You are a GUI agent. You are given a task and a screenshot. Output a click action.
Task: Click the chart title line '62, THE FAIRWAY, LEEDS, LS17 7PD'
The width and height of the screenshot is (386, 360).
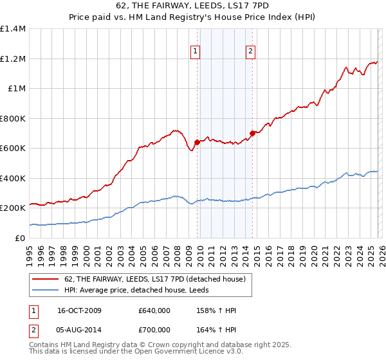point(193,6)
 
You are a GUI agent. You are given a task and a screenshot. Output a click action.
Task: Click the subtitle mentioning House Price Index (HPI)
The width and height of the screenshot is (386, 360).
point(193,17)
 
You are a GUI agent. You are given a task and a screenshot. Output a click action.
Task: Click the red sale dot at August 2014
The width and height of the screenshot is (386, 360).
point(252,134)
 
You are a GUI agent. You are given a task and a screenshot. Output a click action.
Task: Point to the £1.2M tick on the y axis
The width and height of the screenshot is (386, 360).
point(13,59)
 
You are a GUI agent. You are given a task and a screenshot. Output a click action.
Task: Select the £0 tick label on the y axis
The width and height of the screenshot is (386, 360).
point(19,238)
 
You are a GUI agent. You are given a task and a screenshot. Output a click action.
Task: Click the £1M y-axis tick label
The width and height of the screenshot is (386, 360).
point(16,89)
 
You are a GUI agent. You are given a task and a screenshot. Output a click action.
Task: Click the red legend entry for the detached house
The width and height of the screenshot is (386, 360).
point(154,279)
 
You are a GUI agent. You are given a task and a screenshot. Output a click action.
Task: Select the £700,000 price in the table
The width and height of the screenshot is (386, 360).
point(154,330)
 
